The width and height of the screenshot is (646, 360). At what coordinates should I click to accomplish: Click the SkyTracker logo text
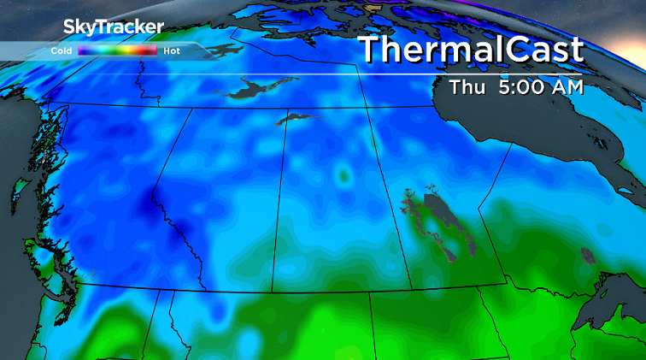click(112, 27)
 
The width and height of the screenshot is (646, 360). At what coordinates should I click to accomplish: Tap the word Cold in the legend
click(61, 51)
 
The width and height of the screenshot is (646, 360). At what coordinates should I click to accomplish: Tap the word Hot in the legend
click(171, 51)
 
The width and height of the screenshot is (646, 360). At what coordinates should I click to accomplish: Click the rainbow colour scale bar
click(117, 51)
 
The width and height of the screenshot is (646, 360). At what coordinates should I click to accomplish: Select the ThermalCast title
click(471, 49)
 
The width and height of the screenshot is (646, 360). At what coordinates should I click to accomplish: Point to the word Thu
click(467, 86)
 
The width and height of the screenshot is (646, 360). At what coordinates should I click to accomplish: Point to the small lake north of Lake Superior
click(586, 255)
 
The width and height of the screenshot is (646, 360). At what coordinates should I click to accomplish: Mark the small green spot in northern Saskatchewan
click(344, 177)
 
